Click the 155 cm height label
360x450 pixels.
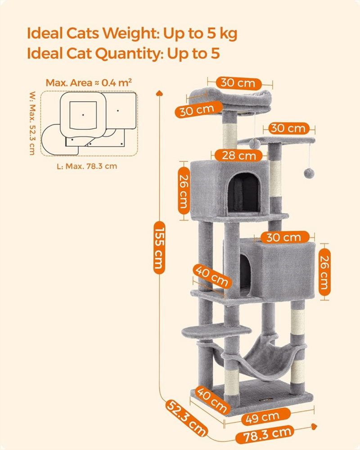(159, 247)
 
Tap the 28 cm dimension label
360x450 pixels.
(238, 156)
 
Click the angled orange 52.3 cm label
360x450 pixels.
(186, 418)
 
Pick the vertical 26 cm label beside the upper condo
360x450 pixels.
(184, 191)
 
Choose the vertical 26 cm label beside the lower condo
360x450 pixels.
(324, 272)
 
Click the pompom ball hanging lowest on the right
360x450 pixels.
(309, 173)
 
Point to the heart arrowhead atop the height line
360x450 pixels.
(159, 93)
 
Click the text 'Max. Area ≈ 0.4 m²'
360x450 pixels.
(89, 83)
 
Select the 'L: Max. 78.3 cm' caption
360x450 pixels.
(87, 166)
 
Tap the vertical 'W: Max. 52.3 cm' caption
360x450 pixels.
(32, 123)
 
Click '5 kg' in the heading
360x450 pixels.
(221, 34)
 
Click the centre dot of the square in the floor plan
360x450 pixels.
(83, 115)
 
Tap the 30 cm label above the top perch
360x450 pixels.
(238, 83)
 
